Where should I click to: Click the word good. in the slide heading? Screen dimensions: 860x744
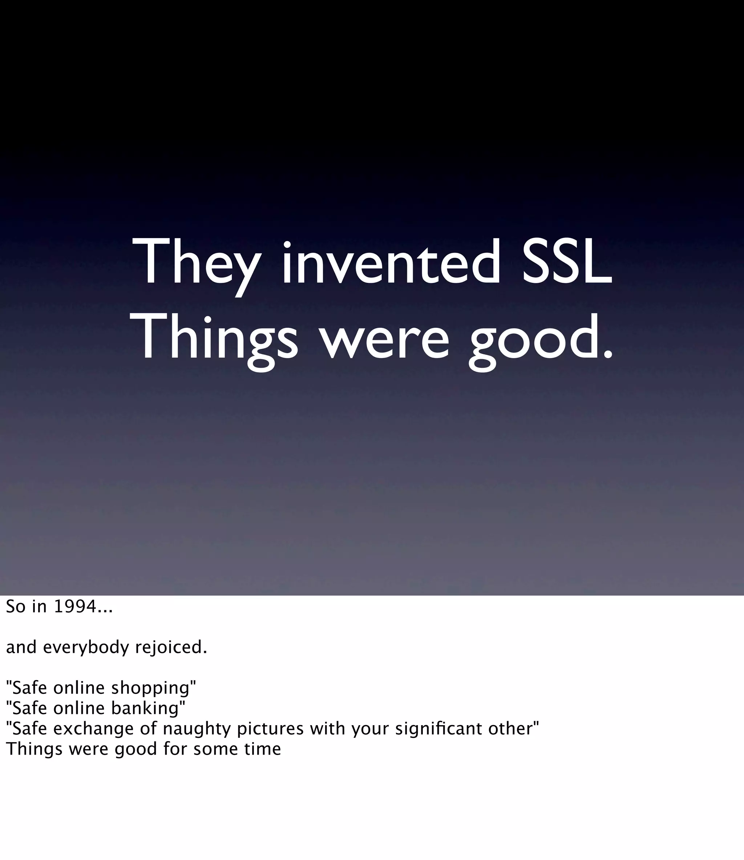540,338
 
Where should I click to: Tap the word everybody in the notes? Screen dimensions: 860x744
86,647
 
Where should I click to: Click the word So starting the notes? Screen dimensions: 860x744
16,607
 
